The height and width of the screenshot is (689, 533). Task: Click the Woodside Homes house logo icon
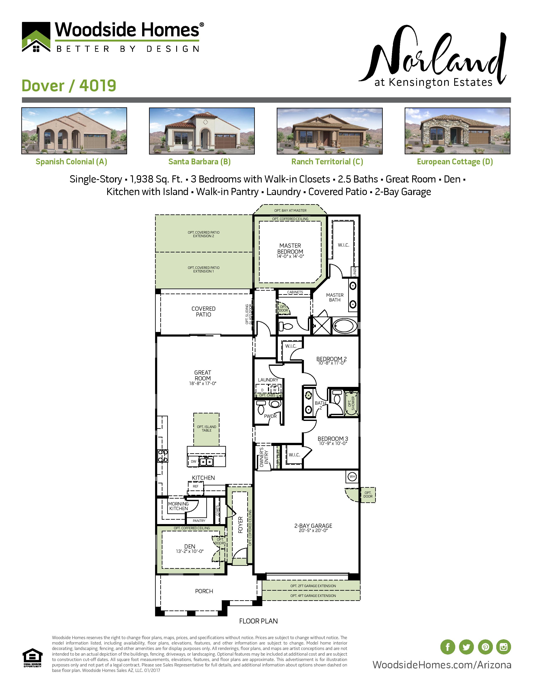[x=36, y=37]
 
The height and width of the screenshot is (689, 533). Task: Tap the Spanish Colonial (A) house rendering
[x=74, y=131]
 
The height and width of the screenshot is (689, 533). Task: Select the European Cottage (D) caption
[x=455, y=162]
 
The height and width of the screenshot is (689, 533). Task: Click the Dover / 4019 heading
[x=69, y=86]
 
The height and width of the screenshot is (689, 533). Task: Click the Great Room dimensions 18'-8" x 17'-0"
[x=202, y=384]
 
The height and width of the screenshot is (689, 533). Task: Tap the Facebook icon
[x=448, y=647]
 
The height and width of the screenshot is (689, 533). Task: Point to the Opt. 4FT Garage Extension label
[x=313, y=596]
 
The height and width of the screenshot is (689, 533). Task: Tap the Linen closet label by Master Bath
[x=354, y=271]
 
